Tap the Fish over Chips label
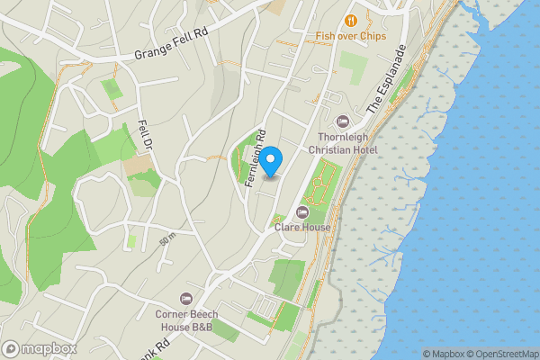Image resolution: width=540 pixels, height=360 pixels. click(350, 36)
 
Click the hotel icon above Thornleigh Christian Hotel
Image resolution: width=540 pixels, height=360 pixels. click(341, 121)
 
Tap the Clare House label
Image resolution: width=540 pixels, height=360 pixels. click(302, 228)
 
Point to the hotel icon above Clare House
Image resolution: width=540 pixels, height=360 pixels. click(302, 212)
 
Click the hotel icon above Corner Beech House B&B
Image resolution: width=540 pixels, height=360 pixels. click(187, 299)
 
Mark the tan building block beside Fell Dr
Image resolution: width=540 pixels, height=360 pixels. click(138, 165)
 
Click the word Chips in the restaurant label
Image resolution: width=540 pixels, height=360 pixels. click(372, 36)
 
